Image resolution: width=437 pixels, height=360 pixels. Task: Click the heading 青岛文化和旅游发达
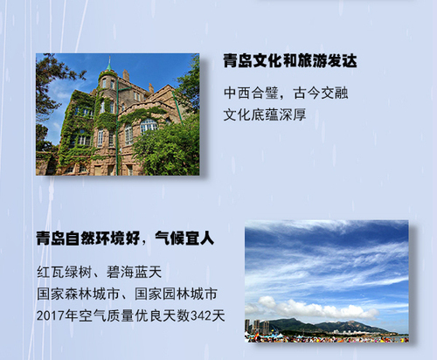click(290, 61)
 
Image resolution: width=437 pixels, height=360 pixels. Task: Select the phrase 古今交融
click(321, 93)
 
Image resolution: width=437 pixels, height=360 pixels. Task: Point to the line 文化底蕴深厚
click(265, 114)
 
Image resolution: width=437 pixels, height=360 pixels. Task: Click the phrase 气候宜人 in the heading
click(184, 239)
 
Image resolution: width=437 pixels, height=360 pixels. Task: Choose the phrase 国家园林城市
click(176, 294)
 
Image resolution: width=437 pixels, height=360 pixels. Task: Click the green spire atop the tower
click(109, 64)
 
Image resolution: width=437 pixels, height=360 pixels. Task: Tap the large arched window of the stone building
click(149, 126)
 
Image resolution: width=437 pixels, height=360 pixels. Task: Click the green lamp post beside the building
click(118, 128)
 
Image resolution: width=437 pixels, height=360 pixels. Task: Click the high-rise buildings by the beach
click(257, 327)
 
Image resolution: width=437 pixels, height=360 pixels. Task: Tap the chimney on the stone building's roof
click(126, 75)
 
